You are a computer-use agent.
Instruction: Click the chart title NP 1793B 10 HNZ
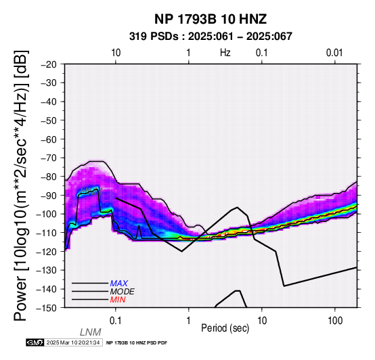coord(211,19)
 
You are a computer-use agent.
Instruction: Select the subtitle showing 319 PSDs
coord(211,37)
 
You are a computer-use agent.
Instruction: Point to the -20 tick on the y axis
coord(49,64)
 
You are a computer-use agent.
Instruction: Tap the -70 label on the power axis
coord(49,158)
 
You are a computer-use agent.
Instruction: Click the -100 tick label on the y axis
coord(47,214)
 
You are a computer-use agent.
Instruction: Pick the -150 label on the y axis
coord(47,308)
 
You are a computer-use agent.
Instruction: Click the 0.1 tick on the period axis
coord(116,321)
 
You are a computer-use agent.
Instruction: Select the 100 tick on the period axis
coord(335,321)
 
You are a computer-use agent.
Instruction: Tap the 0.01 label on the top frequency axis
coord(334,53)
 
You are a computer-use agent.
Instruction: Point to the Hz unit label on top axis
coord(225,53)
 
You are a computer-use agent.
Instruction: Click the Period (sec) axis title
coord(225,328)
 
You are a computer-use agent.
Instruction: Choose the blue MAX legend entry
coord(119,284)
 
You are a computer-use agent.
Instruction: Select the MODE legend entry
coord(123,292)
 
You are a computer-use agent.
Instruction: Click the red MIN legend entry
coord(118,300)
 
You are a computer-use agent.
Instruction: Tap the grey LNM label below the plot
coord(91,332)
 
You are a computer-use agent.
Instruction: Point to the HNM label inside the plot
coord(91,191)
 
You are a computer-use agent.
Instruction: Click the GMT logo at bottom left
coord(35,342)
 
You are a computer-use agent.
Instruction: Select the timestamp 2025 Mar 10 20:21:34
coord(73,342)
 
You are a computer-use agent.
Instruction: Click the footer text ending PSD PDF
coord(137,343)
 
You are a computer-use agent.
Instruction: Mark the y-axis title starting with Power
coord(20,185)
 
